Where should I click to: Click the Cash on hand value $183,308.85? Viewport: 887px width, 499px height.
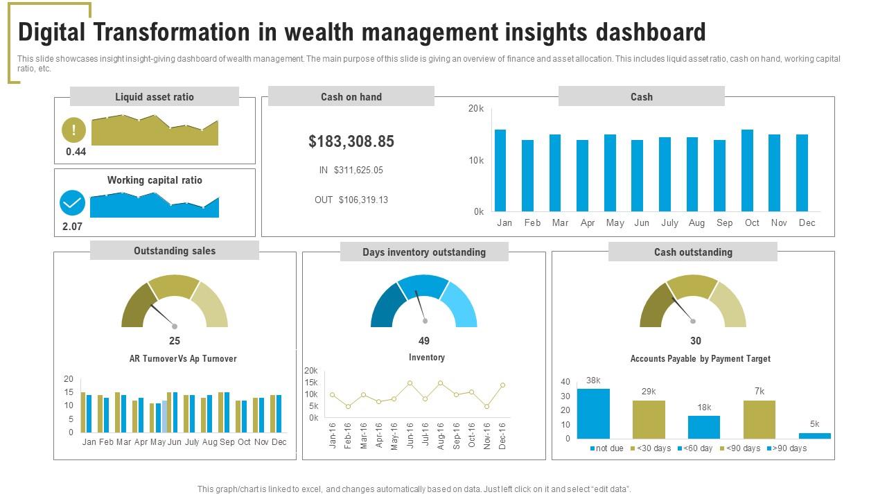pos(351,141)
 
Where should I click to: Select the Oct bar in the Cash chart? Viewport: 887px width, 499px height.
pos(747,170)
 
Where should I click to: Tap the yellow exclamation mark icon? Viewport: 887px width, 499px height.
pos(73,130)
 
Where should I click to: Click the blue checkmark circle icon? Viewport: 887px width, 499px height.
pos(72,203)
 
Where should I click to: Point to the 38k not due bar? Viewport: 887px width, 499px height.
pos(593,414)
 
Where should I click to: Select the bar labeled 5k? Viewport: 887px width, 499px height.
pos(814,436)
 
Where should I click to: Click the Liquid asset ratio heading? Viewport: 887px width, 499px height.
pos(155,97)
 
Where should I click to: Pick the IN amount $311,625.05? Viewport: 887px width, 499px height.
pos(358,170)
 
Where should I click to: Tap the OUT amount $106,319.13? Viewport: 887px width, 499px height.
pos(363,200)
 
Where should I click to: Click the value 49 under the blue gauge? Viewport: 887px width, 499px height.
pos(424,341)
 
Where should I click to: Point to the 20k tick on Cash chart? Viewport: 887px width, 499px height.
pos(476,109)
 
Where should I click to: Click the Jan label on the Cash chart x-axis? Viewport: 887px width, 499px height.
pos(504,223)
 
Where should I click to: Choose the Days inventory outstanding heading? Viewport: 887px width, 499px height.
pos(424,252)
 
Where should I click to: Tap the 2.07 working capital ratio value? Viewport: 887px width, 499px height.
pos(72,227)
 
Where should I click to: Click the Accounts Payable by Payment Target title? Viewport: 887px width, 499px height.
pos(700,359)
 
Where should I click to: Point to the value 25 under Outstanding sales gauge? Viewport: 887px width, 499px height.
pos(175,341)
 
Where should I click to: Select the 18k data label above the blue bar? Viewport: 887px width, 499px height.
pos(704,408)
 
